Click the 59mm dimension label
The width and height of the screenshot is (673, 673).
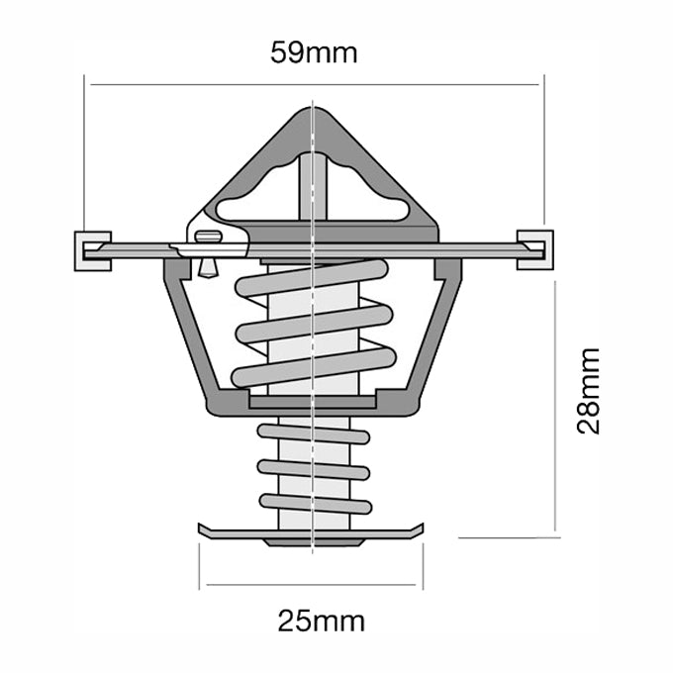point(314,53)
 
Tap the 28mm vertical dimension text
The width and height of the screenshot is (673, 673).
point(589,391)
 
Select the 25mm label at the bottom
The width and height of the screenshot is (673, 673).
point(321,622)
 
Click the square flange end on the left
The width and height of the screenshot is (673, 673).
point(90,249)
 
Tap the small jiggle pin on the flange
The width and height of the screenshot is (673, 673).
point(206,240)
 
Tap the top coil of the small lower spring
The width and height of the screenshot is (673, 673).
point(313,433)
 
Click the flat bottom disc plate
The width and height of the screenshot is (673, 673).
point(312,531)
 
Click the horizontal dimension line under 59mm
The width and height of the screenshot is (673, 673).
point(198,85)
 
